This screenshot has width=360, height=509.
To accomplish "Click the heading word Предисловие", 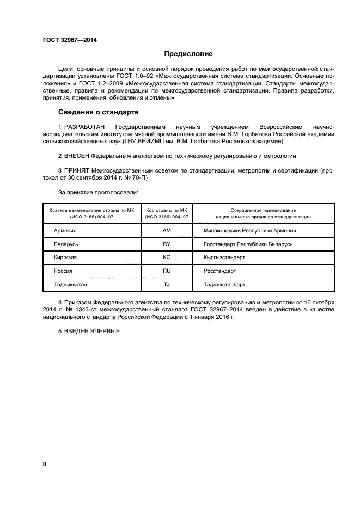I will point(188,54).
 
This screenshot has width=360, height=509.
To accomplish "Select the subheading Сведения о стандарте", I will point(98,112).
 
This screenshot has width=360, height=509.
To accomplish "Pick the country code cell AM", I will point(167,231).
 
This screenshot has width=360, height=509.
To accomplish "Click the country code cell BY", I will point(167,244).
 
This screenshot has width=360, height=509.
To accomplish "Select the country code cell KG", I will point(167,257).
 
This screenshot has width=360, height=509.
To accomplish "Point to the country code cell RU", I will point(167,271).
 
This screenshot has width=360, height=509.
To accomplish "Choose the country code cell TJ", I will point(167,284).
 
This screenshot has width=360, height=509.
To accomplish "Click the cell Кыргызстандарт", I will point(225,257).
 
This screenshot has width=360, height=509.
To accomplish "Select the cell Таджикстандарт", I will point(224,284).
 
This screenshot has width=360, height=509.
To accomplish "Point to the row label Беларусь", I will point(66,244).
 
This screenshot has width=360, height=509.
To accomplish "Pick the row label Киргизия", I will point(65,257).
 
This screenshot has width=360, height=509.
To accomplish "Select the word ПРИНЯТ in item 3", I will point(78,170).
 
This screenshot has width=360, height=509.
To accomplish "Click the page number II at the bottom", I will point(45,464).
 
